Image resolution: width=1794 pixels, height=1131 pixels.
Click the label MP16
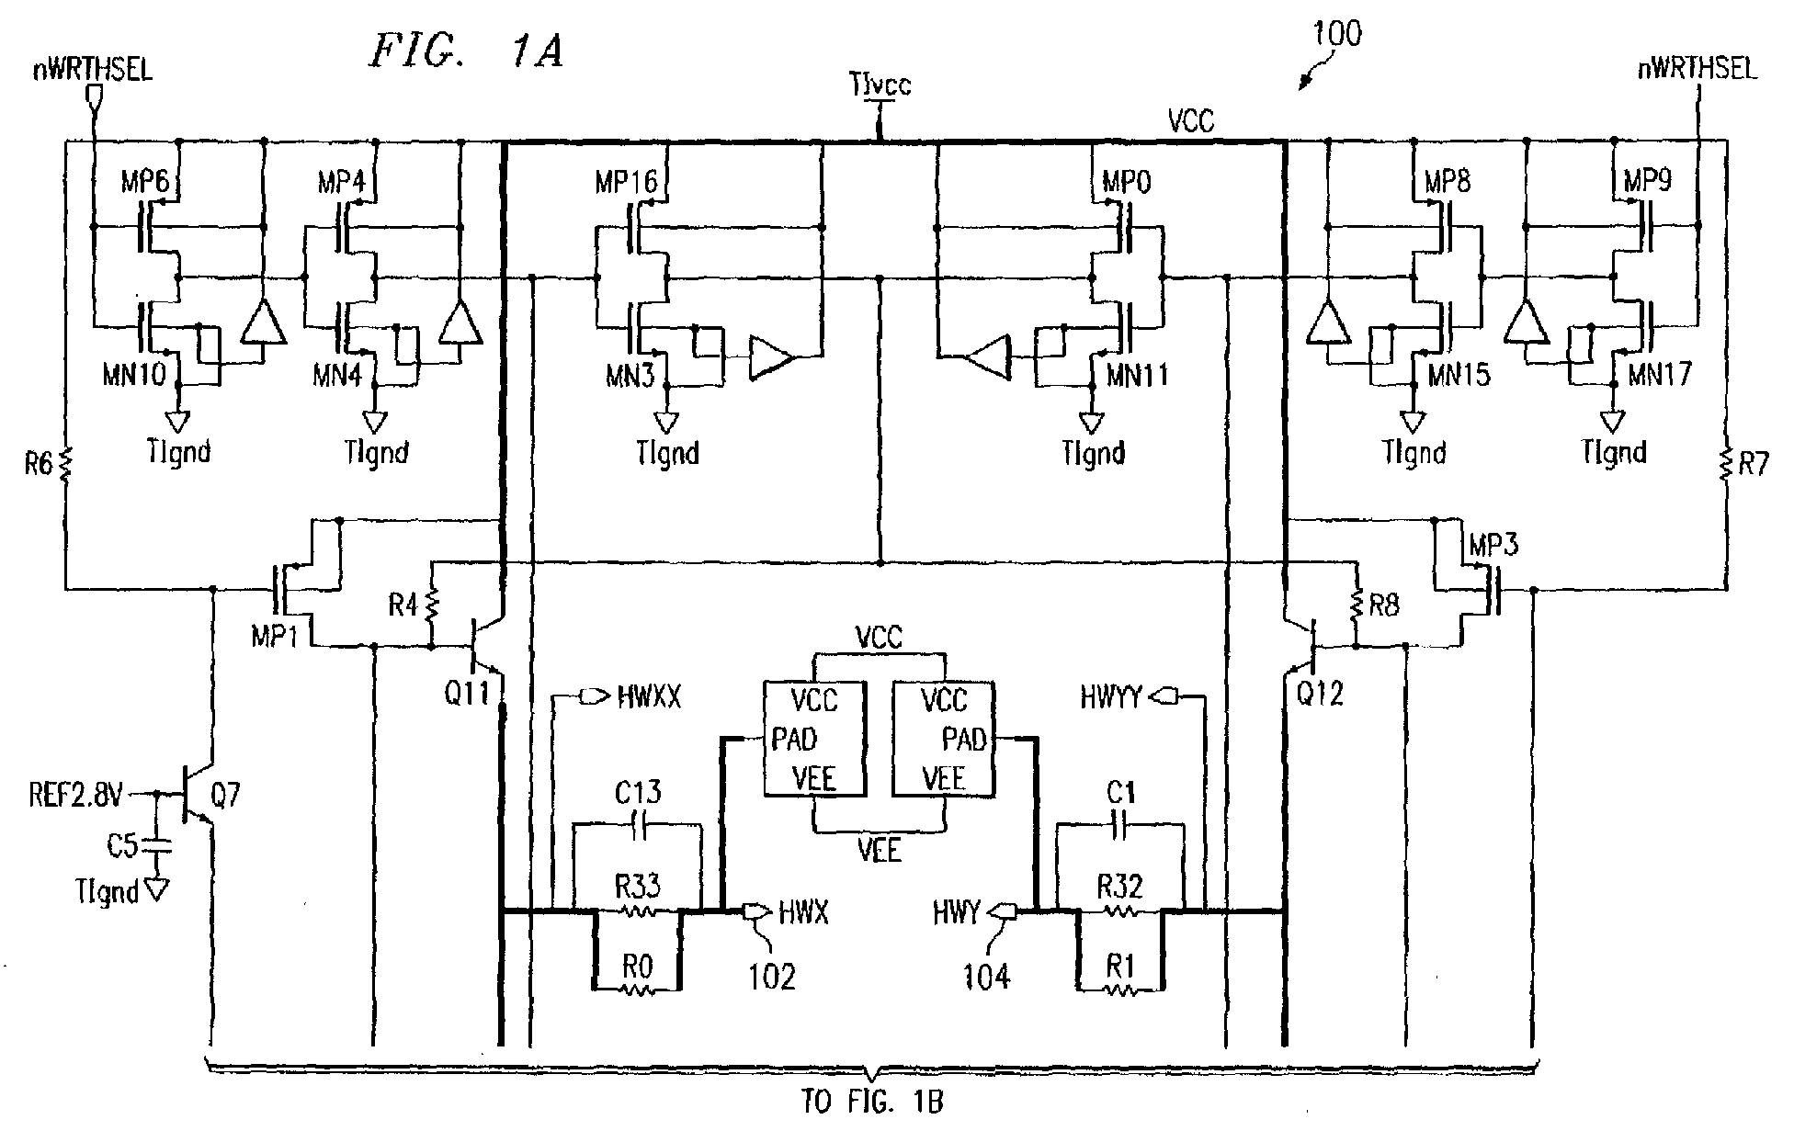coord(626,183)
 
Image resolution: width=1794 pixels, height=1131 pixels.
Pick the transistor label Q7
coord(225,795)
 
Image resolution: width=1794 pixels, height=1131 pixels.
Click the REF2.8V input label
coord(75,796)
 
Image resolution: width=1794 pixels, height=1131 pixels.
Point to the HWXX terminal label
coord(649,698)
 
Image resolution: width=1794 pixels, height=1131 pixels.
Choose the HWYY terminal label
coord(1110,699)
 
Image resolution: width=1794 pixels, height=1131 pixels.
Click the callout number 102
coord(771,977)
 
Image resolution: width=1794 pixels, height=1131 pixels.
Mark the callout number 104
coord(987,977)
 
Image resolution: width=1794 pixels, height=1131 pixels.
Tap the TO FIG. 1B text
coord(873,1103)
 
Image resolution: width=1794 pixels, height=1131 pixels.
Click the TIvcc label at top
coord(881,86)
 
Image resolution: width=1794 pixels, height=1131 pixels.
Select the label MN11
coord(1137,375)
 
